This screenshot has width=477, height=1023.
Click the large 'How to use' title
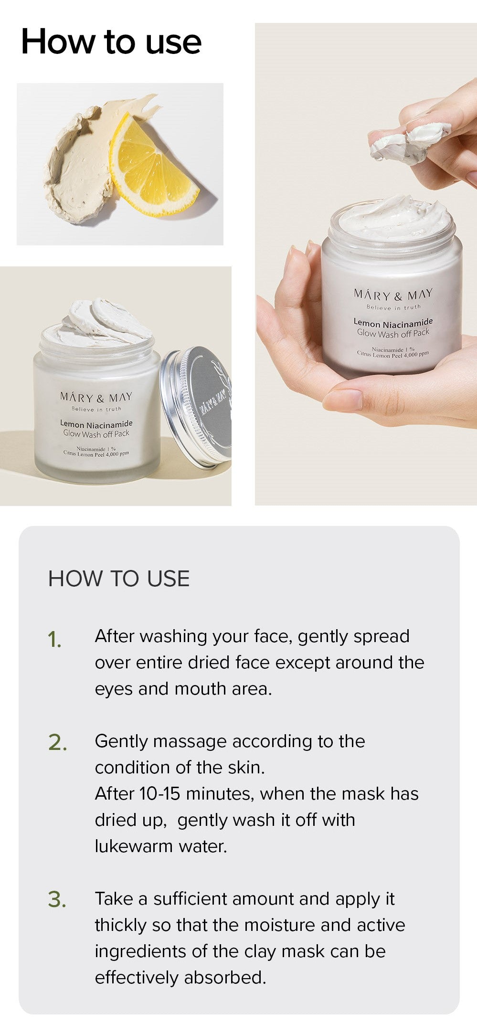[111, 42]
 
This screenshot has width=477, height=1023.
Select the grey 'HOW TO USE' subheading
[119, 579]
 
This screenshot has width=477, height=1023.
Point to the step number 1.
[54, 640]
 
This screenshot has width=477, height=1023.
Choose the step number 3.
[57, 900]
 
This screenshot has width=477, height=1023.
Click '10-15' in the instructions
[159, 794]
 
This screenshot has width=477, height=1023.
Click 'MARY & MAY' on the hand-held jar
[393, 295]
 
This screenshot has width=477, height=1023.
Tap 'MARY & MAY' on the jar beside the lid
[96, 397]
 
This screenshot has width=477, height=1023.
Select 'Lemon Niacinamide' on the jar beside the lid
[96, 423]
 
